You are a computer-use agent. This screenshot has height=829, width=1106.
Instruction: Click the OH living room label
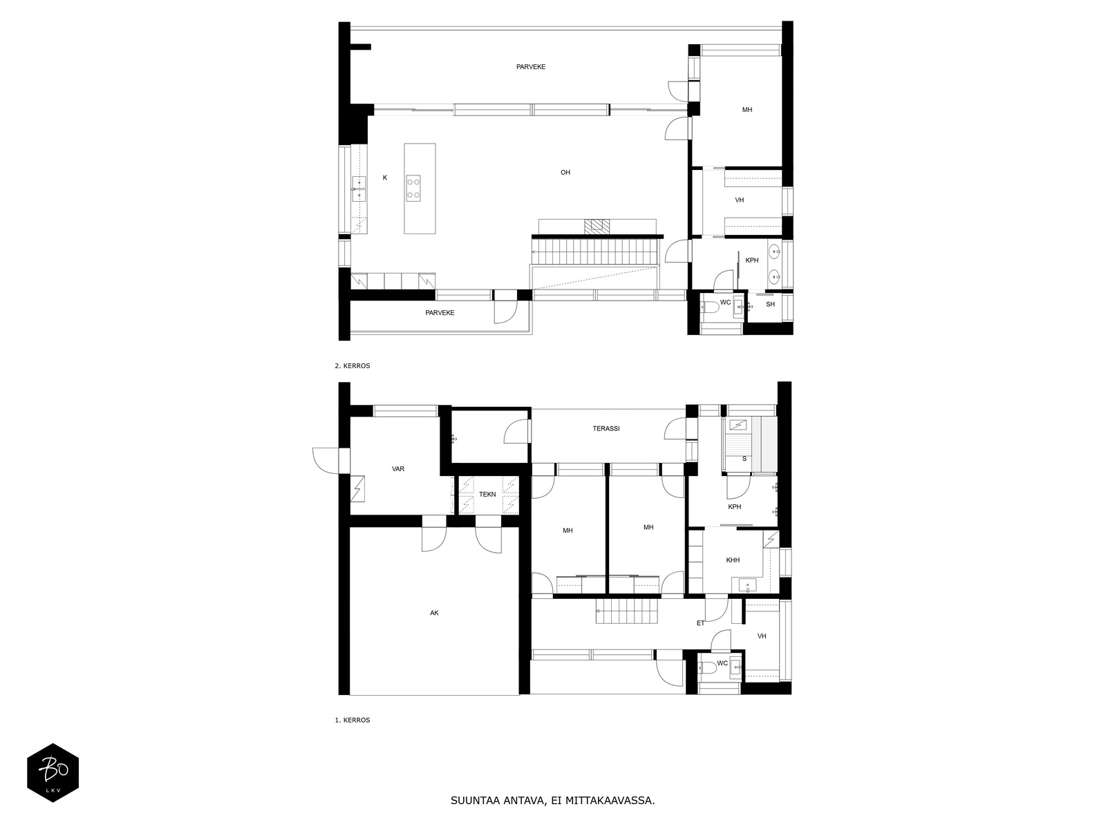click(565, 173)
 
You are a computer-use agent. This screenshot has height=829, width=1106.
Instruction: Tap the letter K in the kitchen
click(385, 178)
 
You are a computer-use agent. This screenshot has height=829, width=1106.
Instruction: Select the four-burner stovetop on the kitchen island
click(413, 188)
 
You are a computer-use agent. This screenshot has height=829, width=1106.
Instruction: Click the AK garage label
click(434, 613)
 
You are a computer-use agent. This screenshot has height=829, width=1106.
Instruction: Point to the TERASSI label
click(606, 429)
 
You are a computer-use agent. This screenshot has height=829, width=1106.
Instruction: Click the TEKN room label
click(487, 494)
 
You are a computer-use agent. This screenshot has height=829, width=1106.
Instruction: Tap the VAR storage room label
click(398, 468)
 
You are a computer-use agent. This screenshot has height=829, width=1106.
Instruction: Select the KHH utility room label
click(733, 560)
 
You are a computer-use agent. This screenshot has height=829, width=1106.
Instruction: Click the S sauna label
click(744, 459)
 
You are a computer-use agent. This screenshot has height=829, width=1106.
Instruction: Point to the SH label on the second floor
click(770, 304)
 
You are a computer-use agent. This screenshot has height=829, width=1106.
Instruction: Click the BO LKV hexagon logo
click(53, 772)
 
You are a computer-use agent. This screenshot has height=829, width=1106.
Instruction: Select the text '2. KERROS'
click(353, 366)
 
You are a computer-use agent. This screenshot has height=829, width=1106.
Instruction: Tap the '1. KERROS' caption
click(353, 721)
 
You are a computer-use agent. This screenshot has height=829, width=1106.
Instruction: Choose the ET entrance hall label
click(700, 623)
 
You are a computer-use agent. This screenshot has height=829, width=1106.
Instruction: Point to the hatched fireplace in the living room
click(596, 227)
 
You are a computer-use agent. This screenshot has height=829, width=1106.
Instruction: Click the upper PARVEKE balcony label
click(531, 67)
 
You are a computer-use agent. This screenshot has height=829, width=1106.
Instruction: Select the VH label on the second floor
click(739, 200)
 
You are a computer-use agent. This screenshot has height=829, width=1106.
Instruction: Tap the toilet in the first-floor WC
click(707, 668)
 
